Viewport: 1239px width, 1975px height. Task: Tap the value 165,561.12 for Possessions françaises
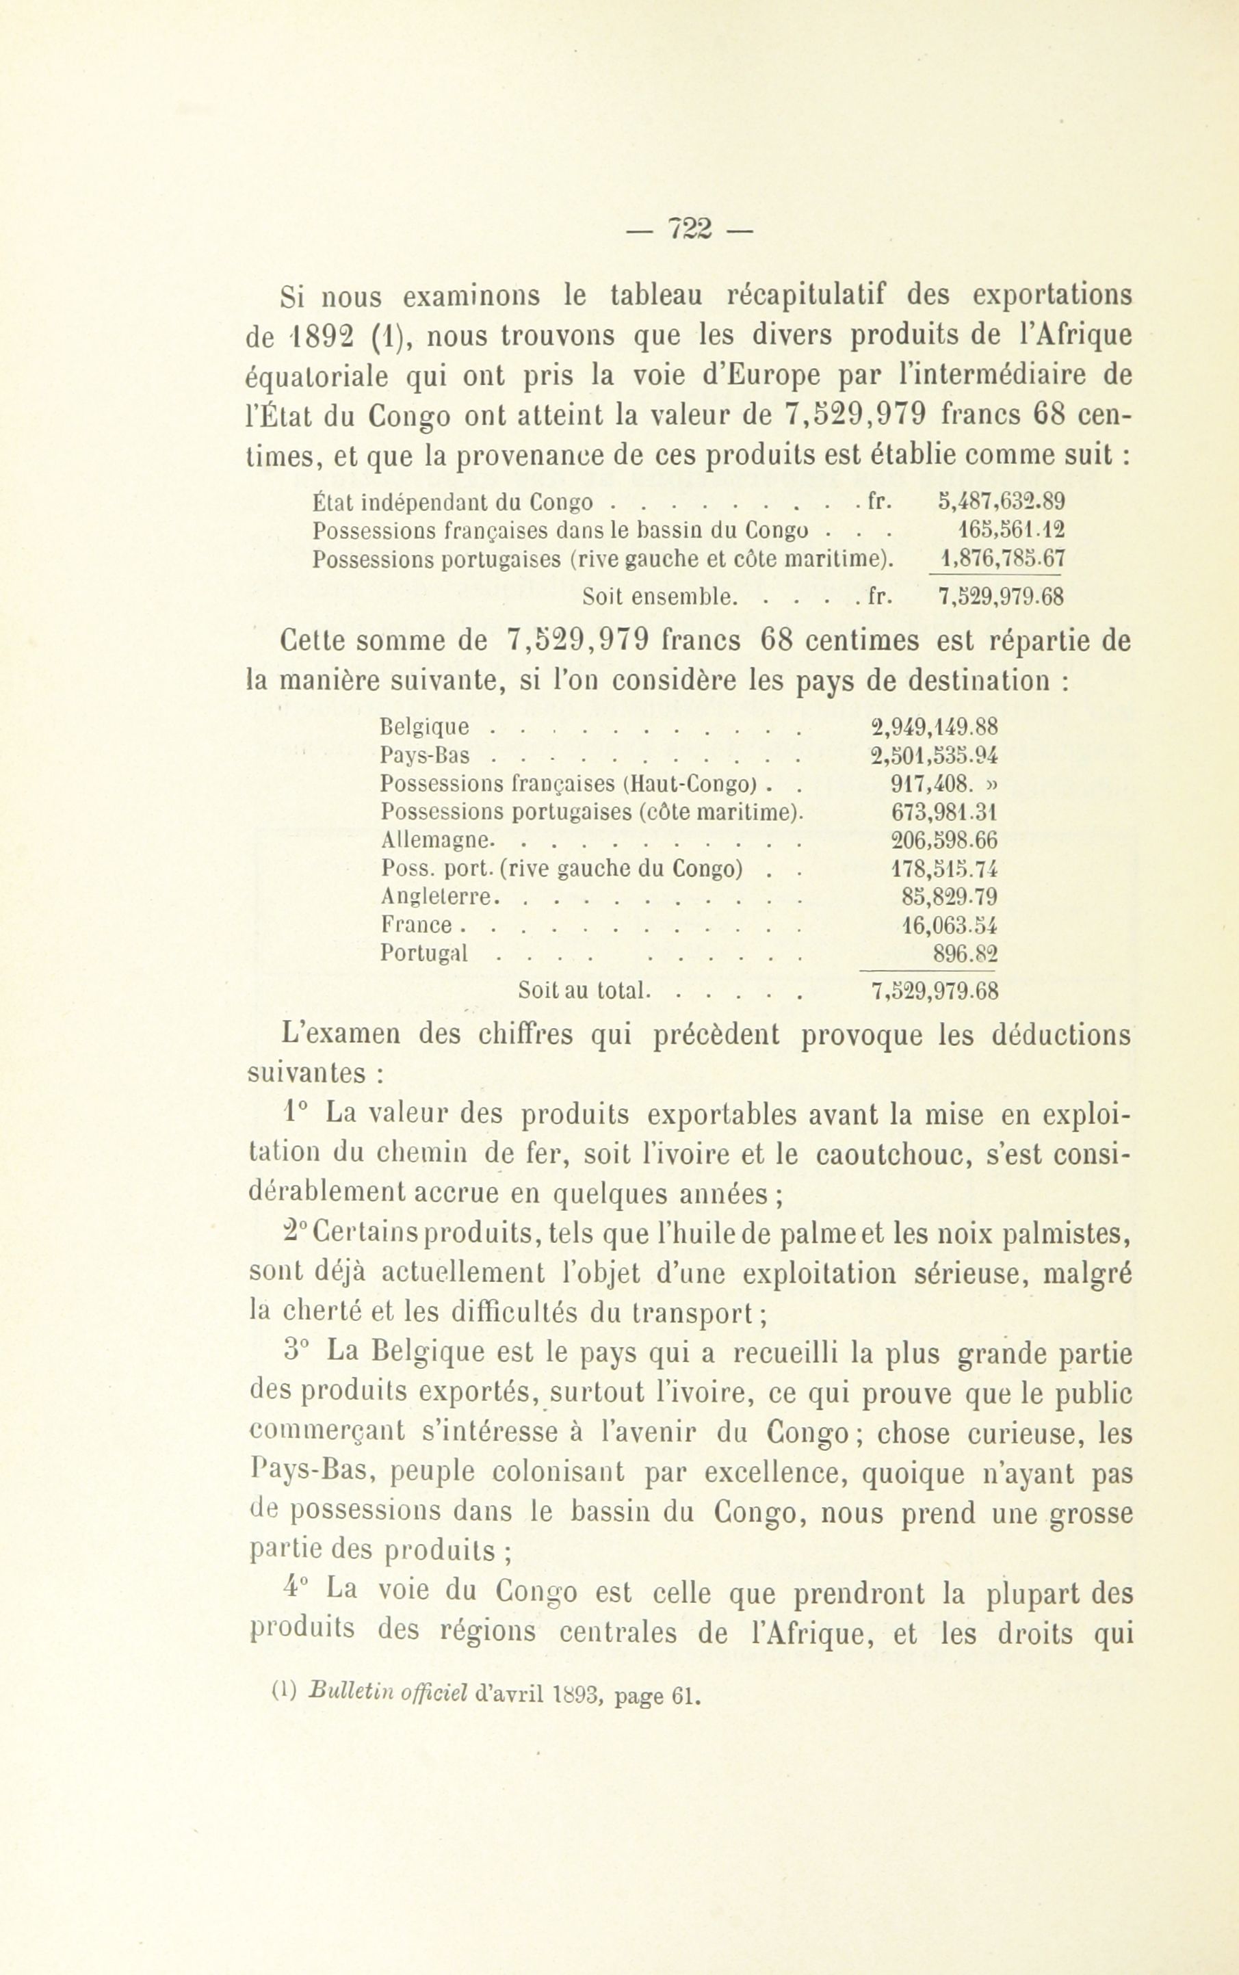pyautogui.click(x=1008, y=529)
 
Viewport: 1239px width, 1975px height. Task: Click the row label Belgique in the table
pyautogui.click(x=426, y=727)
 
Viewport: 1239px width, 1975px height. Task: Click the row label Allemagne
pyautogui.click(x=436, y=841)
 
